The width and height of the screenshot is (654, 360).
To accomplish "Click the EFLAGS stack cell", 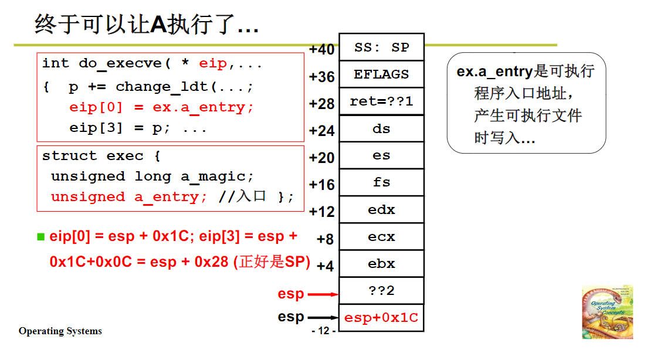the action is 381,74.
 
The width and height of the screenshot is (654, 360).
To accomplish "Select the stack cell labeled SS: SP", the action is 381,47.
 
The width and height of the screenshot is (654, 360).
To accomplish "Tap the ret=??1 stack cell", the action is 381,101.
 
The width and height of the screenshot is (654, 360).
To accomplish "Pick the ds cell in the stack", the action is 381,128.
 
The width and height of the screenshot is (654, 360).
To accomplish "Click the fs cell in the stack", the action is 381,182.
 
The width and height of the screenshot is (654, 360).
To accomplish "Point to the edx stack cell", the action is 381,209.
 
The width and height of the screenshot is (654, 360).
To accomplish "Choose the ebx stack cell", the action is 381,263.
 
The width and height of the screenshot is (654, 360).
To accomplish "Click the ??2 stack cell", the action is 381,290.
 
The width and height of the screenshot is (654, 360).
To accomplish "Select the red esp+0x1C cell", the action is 381,318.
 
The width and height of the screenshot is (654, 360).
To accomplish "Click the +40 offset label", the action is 321,49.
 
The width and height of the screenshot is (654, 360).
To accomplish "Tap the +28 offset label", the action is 321,104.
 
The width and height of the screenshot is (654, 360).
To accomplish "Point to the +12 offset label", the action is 321,211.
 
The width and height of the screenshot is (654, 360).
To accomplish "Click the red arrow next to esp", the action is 323,294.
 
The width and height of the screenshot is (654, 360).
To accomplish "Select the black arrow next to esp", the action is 323,317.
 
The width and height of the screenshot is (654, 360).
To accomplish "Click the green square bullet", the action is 40,237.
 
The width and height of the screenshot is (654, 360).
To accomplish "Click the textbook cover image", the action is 607,312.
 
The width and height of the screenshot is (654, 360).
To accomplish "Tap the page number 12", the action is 324,331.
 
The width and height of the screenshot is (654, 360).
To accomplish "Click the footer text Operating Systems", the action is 60,331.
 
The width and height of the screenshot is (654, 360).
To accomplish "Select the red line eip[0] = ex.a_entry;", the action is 161,107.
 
